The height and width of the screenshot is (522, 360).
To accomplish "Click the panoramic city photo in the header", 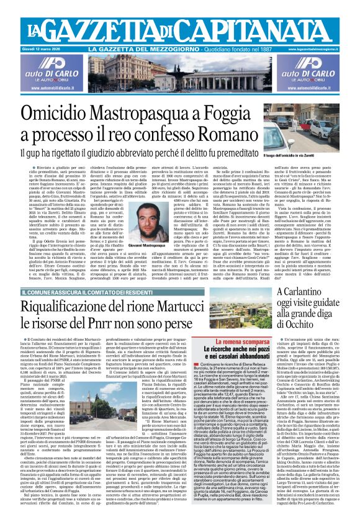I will click(x=179, y=78).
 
